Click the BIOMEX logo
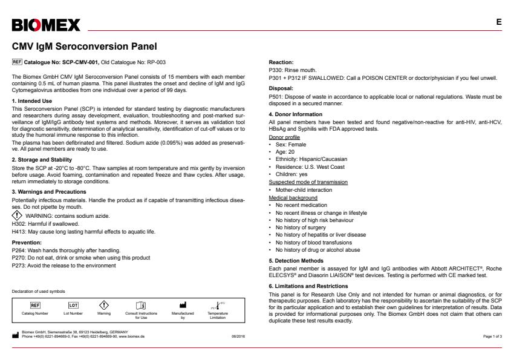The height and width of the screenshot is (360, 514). point(46,25)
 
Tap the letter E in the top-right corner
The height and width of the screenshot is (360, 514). point(499,22)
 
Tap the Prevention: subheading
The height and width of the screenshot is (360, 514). point(27,241)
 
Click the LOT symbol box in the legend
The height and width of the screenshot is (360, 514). point(73,305)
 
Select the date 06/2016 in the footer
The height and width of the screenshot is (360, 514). point(238,336)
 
